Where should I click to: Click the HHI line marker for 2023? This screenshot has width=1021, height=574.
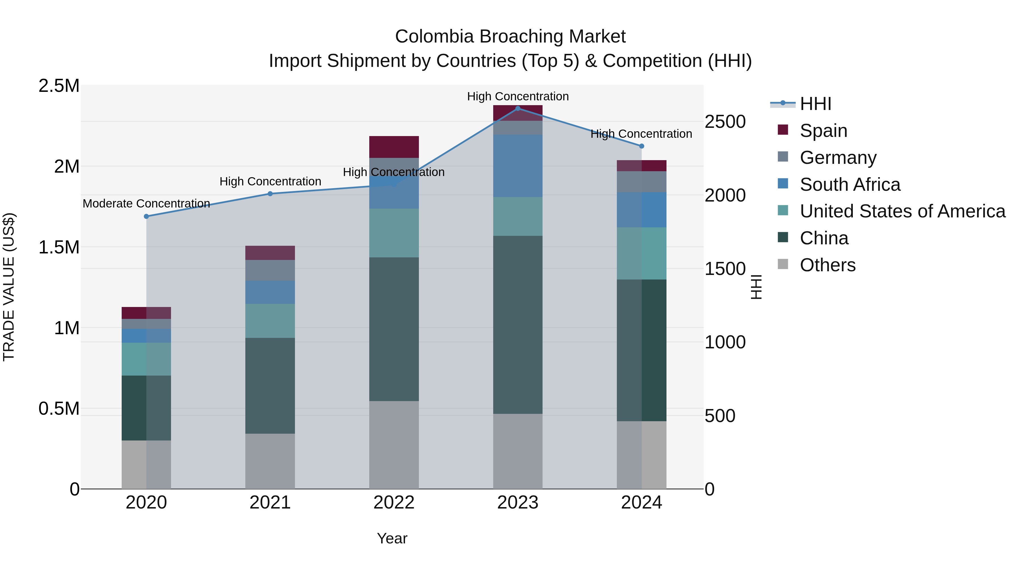pos(518,109)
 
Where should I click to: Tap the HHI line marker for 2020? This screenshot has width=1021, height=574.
pos(146,216)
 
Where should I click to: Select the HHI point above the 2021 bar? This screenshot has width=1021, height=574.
pos(270,194)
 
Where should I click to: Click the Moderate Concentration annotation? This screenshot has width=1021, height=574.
pos(146,204)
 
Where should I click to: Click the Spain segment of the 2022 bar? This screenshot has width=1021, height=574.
pos(394,147)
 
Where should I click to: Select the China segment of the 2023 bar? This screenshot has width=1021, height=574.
pos(518,325)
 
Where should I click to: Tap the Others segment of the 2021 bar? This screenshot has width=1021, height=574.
pos(270,461)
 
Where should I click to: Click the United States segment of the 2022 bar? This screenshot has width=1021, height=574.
pos(394,233)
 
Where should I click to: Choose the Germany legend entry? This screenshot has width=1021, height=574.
pos(838,158)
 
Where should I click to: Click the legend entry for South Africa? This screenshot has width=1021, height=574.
pos(850,185)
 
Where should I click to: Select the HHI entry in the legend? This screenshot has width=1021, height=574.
pos(815,104)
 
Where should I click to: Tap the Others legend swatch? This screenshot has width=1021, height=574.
pos(783,264)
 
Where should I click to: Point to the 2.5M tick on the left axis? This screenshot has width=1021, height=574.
pos(59,86)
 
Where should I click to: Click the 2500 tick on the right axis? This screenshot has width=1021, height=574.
pos(725,122)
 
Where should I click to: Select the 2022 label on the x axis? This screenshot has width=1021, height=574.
pos(394,503)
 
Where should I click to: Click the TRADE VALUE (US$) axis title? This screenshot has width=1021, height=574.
pos(9,287)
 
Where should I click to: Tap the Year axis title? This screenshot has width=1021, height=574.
pos(392,538)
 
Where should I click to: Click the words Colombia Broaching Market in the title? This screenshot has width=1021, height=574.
pos(510,37)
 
